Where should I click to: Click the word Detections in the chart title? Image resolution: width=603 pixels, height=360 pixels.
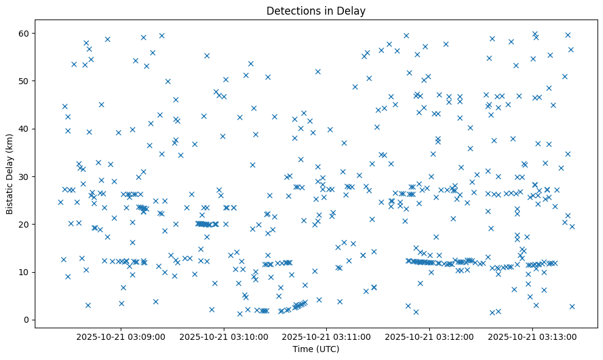(x=290, y=10)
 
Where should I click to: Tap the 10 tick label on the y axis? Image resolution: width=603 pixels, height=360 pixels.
(x=24, y=272)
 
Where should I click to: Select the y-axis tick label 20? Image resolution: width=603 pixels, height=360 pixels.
(x=24, y=225)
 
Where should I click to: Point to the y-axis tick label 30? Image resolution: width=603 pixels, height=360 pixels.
(x=24, y=176)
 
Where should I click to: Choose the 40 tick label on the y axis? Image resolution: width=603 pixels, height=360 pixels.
(x=24, y=129)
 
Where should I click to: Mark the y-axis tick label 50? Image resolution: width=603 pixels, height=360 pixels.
(x=24, y=81)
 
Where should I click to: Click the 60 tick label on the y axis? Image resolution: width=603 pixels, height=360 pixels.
(x=24, y=33)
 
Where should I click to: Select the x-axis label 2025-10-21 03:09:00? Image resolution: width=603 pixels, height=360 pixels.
(x=121, y=336)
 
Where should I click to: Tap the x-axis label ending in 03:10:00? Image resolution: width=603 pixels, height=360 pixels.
(x=224, y=336)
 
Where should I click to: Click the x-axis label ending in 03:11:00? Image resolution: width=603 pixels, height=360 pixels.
(x=327, y=336)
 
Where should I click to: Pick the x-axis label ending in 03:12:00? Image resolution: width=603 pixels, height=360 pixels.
(x=430, y=336)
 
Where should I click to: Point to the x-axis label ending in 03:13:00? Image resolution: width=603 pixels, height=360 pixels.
(x=533, y=336)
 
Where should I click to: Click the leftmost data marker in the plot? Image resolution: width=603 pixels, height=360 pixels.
(x=60, y=202)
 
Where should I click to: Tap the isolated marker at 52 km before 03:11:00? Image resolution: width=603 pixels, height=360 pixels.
(x=318, y=71)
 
